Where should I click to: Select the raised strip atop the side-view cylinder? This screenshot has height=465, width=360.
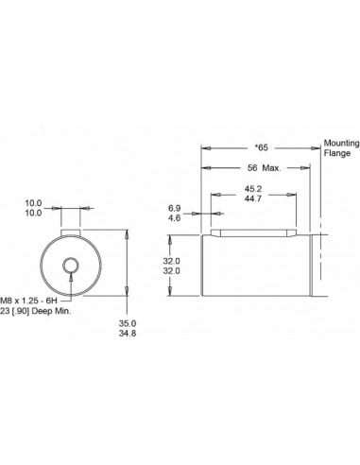251,232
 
